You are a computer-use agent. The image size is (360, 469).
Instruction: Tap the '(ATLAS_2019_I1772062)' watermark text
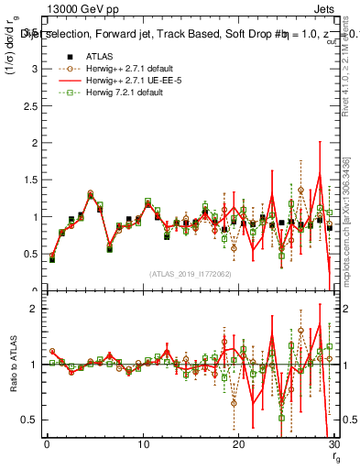[191, 274]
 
